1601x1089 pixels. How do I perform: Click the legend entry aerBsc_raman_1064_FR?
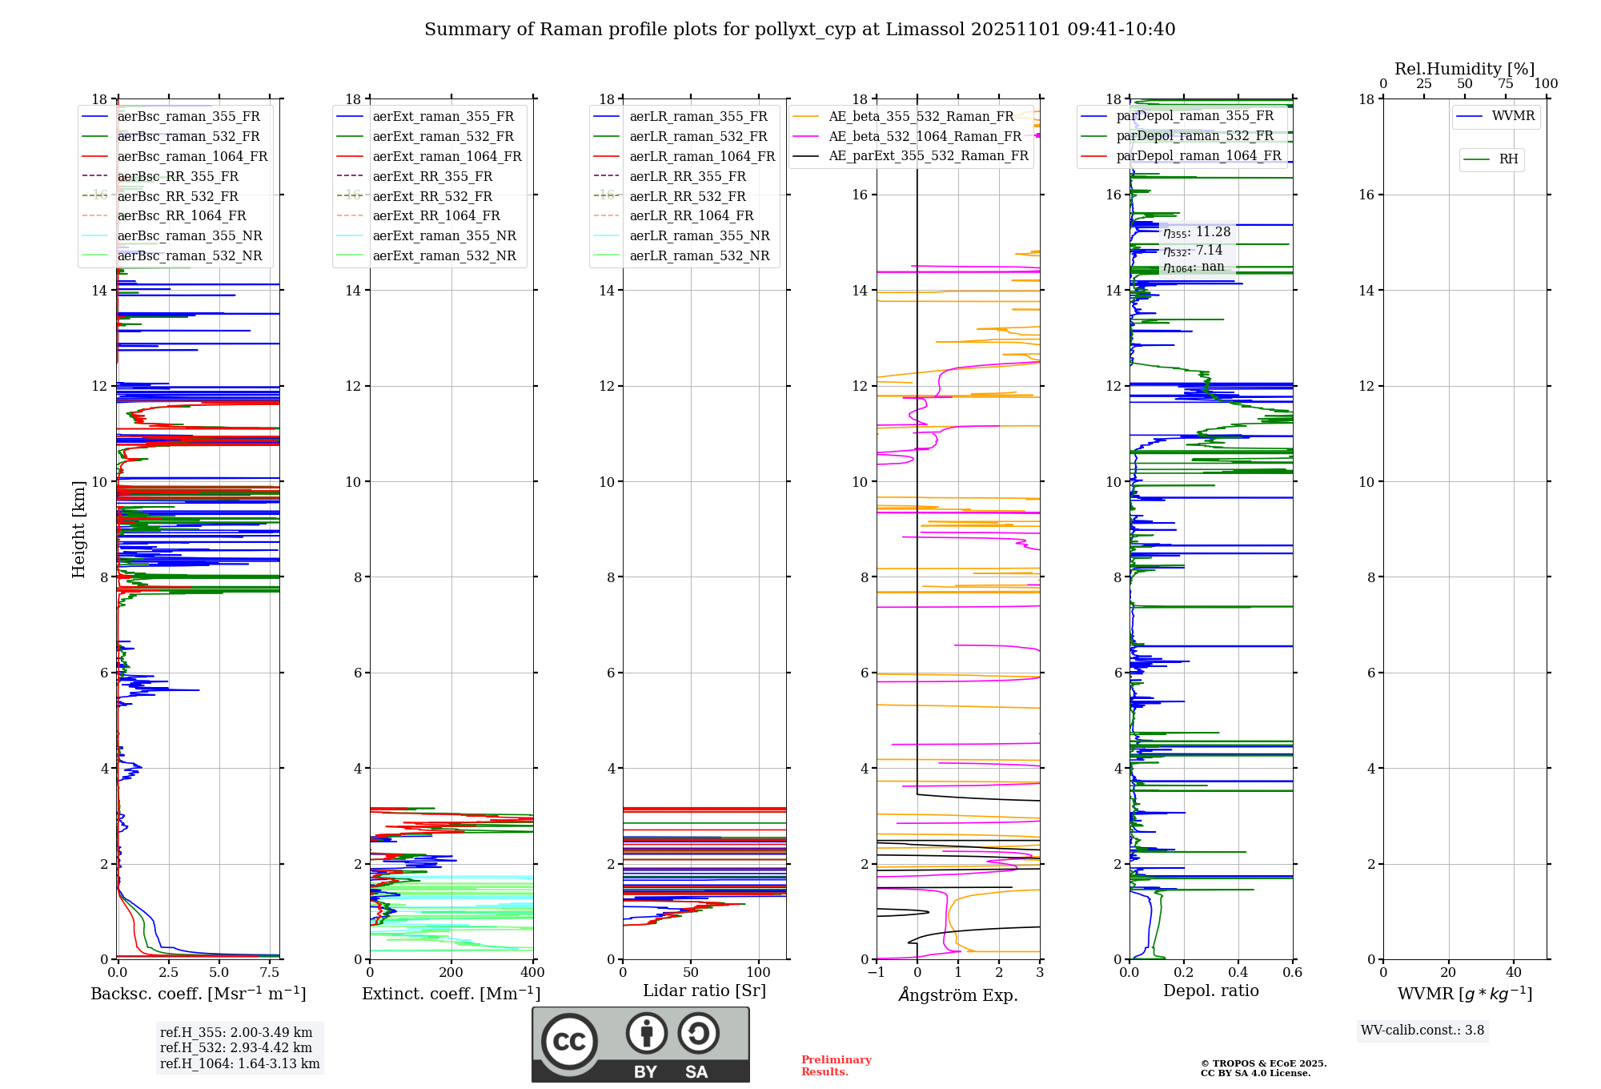coord(192,157)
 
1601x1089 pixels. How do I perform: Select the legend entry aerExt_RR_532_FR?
coord(432,196)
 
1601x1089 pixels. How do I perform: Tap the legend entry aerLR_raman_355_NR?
coord(699,235)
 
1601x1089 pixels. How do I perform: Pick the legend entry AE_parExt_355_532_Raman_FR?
coord(928,155)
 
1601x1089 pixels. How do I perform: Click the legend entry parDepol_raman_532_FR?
coord(1194,136)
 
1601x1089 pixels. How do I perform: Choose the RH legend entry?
coord(1508,159)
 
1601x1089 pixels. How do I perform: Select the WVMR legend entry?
coord(1513,116)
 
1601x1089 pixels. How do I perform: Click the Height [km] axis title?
coord(78,529)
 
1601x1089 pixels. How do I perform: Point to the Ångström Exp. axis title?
coord(958,995)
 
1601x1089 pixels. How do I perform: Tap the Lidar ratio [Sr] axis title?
coord(704,991)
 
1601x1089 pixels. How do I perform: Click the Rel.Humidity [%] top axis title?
coord(1464,69)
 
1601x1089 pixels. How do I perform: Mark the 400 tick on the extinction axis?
coord(533,972)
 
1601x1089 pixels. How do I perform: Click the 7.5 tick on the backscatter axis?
coord(270,972)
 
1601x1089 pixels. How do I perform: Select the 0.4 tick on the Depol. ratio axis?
coord(1238,972)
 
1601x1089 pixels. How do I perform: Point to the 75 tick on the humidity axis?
coord(1505,84)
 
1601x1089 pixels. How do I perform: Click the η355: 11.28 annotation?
coord(1197,232)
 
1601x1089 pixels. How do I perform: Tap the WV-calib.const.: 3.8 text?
coord(1422,1031)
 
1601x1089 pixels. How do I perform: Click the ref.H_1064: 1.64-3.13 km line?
coord(239,1063)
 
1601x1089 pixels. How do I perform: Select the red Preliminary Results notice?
coord(836,1066)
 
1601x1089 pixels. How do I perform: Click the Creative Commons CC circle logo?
coord(569,1042)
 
